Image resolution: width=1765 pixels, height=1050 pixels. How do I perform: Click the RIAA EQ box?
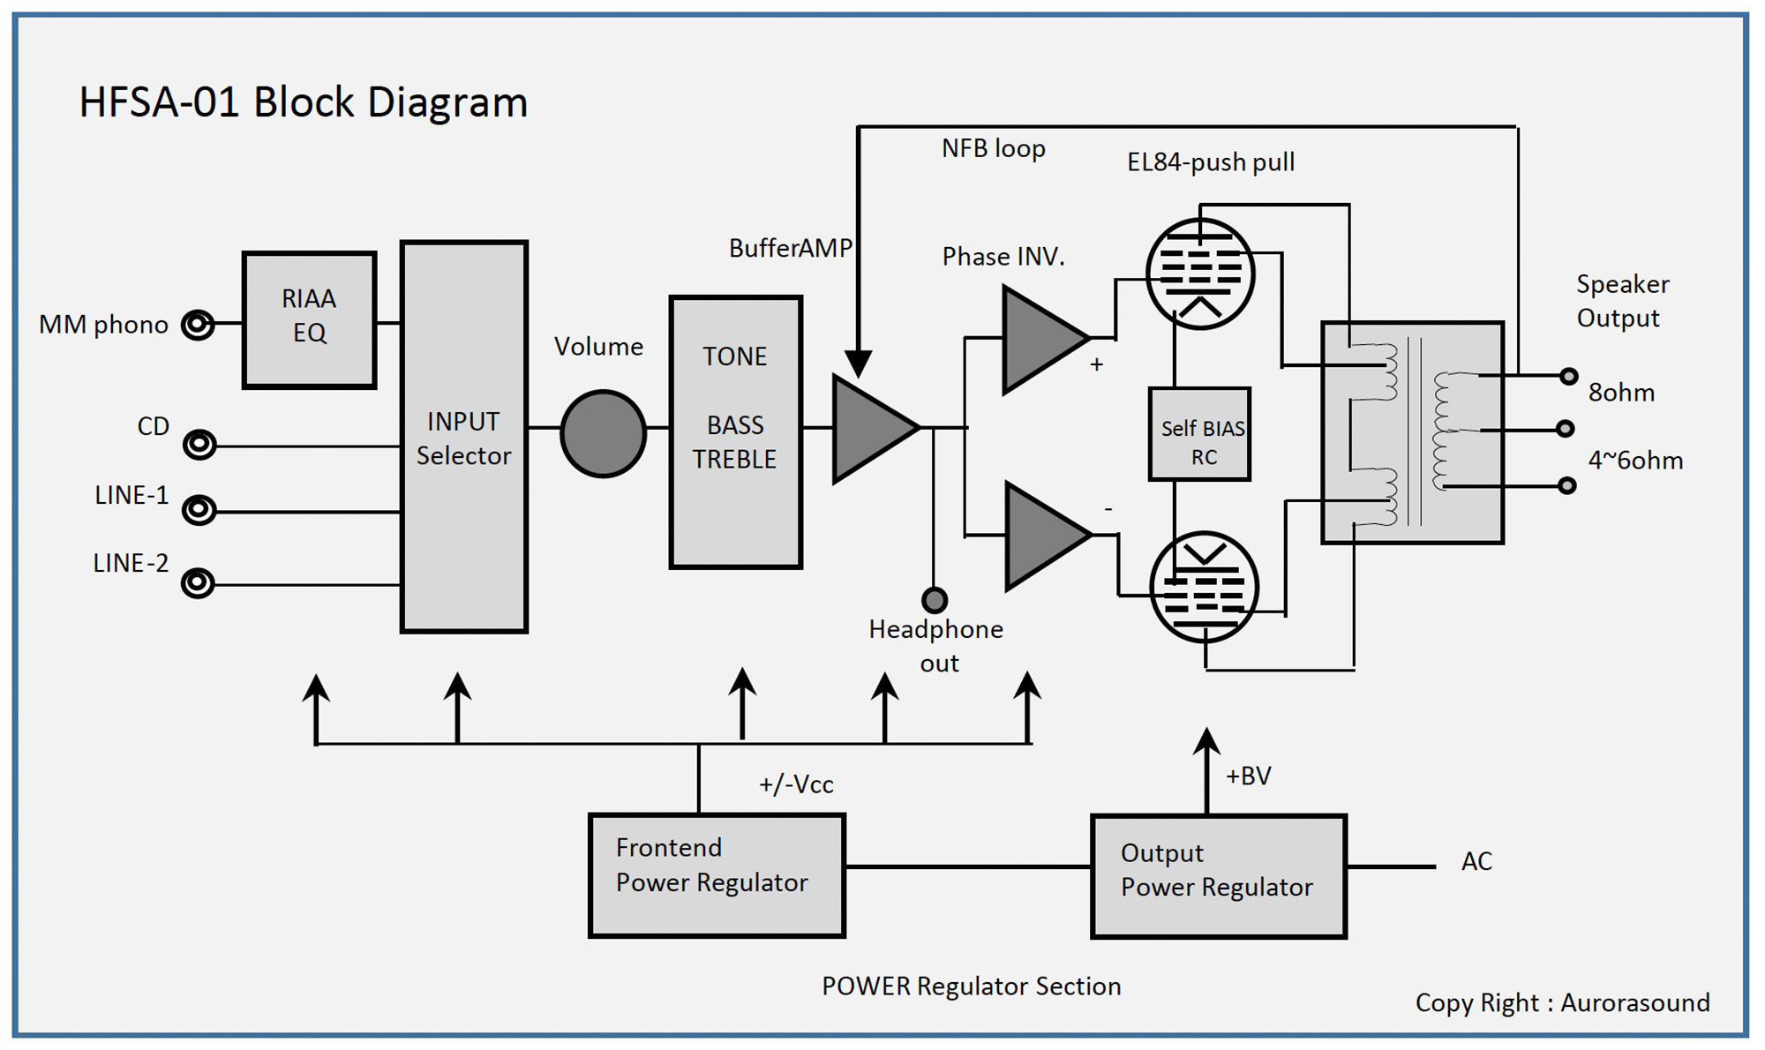[309, 319]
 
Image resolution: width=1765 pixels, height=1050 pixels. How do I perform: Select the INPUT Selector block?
[464, 437]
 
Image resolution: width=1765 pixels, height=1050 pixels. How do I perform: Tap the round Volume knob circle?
[604, 434]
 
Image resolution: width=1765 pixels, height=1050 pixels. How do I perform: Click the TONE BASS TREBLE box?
[735, 432]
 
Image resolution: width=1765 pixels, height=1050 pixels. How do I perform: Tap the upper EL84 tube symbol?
[1199, 274]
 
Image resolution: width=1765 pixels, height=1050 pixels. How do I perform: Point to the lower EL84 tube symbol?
[1204, 587]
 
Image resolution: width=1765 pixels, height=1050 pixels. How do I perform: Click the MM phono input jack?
[198, 325]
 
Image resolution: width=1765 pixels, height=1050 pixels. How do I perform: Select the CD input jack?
[199, 444]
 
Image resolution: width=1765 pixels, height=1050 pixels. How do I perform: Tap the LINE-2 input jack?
[198, 583]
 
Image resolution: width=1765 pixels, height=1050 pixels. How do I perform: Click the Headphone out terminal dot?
[935, 601]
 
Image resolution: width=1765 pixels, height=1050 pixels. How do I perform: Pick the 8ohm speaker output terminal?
[1568, 376]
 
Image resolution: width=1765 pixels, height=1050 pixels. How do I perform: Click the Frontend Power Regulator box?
[717, 874]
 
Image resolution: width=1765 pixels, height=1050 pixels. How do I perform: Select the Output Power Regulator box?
[1218, 875]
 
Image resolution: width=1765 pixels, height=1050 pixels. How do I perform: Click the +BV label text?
[1248, 776]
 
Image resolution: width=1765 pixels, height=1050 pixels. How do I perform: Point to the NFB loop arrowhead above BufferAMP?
[858, 363]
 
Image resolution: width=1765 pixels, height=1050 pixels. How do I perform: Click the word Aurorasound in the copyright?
[1634, 1003]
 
